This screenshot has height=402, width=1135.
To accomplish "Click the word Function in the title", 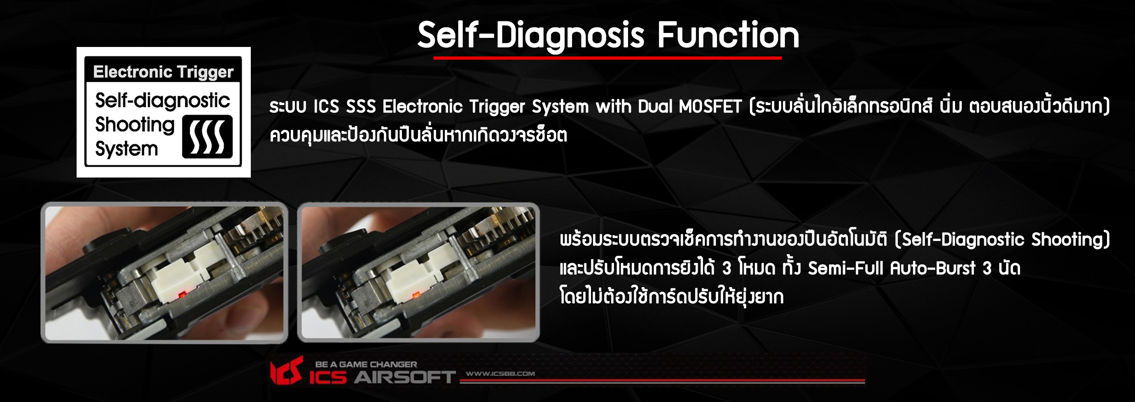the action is (729, 35).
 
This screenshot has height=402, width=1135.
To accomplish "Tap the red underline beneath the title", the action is (607, 58).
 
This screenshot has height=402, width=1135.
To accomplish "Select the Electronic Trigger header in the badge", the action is (163, 72).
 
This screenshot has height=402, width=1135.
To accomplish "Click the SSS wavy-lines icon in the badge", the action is (207, 137).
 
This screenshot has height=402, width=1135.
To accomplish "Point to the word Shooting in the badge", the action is (135, 125).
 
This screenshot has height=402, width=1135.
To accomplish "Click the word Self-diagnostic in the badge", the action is (163, 101).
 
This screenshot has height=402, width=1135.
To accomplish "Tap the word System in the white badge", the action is (126, 149).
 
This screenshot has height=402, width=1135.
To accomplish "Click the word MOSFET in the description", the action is (710, 107).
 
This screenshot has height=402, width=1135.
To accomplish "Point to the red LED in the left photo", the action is (181, 294).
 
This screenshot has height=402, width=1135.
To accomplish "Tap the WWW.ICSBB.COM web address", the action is (500, 374).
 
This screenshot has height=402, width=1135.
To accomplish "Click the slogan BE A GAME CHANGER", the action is (366, 365).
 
